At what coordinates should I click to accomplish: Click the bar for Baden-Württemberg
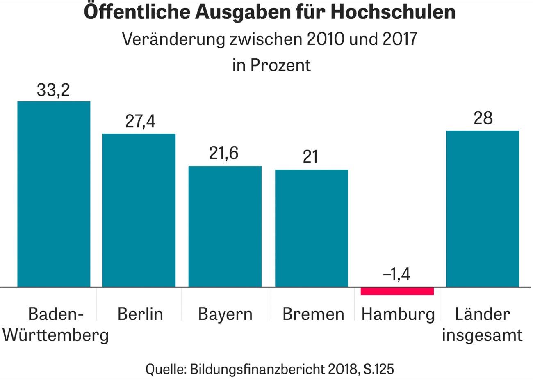pos(54,194)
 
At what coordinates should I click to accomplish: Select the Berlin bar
pos(139,210)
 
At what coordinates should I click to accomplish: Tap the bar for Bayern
pos(225,226)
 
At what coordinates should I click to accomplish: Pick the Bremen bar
pos(312,228)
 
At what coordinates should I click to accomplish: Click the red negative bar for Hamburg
pos(397,291)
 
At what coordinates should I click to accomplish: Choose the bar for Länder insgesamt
pos(483,209)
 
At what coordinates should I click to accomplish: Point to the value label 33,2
pos(53,90)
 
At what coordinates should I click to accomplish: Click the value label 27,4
pos(140,122)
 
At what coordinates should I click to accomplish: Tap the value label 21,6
pos(224,153)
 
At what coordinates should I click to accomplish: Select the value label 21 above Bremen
pos(310,156)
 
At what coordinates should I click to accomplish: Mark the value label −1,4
pos(396,274)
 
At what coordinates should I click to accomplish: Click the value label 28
pos(483,118)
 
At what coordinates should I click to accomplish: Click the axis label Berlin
pos(140,314)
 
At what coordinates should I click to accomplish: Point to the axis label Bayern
pos(225,314)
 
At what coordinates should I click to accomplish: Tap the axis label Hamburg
pos(398,314)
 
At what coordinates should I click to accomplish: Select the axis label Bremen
pos(313,314)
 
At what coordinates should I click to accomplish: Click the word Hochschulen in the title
pos(393,12)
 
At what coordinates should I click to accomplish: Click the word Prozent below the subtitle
pos(280,65)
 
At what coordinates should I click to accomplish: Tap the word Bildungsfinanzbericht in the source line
pos(258,369)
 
